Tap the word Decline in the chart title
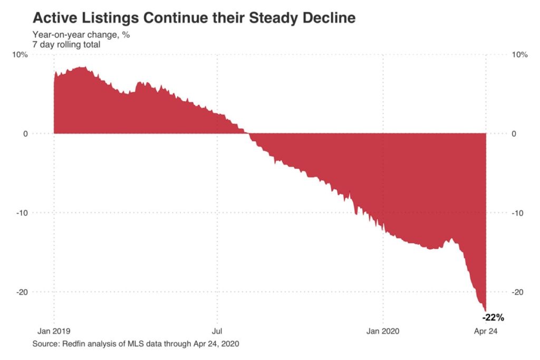329,18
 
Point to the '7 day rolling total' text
66,45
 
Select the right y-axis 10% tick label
519,55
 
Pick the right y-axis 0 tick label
514,134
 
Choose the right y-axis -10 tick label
517,213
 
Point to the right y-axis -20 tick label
517,292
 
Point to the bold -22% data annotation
494,318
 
